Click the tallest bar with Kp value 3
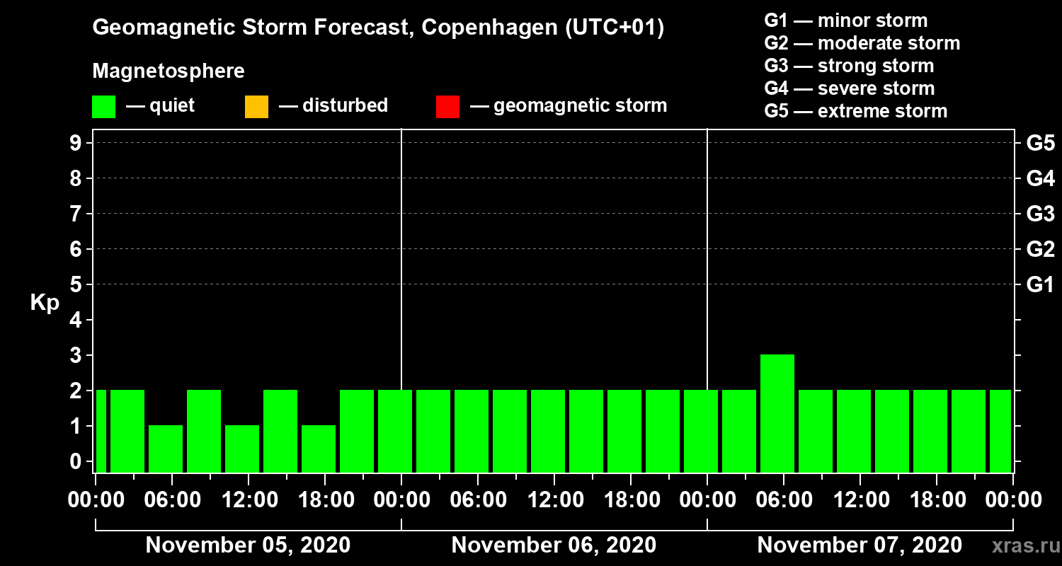pos(777,412)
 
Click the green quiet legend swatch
pos(103,107)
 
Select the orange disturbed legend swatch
pos(256,107)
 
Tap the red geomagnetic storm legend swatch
pos(447,107)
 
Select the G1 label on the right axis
pos(1040,285)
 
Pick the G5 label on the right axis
pos(1040,144)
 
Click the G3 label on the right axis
pos(1040,214)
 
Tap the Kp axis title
pos(45,303)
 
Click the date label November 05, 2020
pos(248,545)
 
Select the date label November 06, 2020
pos(554,545)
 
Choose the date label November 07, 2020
pos(860,545)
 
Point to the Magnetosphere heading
pos(169,71)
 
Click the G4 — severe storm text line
pos(850,88)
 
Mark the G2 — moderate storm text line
pos(862,43)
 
